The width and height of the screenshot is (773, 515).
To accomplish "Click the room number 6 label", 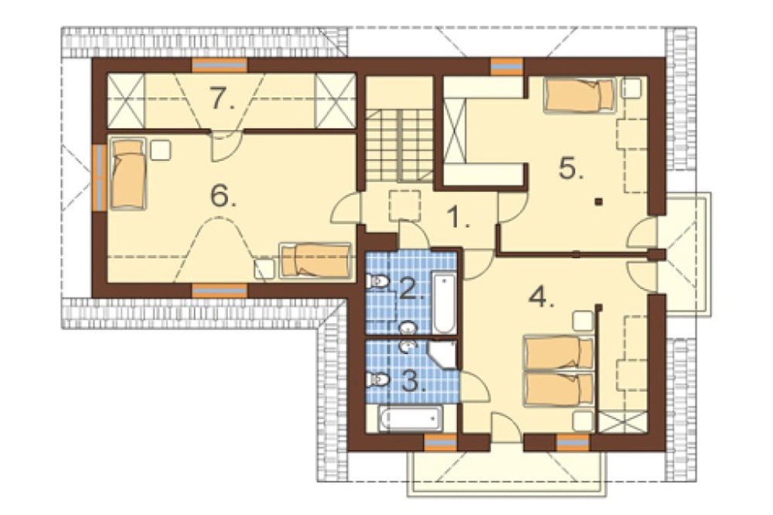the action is click(223, 196).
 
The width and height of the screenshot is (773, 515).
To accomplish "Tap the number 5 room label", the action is click(571, 169).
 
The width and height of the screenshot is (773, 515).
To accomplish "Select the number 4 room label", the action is click(540, 296).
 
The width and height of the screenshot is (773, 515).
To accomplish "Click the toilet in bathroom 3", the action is click(378, 380).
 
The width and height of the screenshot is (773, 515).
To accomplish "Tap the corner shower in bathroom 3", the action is click(443, 353).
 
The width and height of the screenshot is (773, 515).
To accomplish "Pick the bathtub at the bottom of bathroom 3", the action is click(410, 419).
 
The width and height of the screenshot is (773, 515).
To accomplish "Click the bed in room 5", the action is click(580, 95).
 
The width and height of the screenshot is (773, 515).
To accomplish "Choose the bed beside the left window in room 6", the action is click(128, 174).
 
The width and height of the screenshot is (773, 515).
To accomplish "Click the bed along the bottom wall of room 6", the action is click(315, 260).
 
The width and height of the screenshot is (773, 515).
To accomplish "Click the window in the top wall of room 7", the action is click(220, 65).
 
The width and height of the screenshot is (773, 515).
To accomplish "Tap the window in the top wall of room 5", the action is click(507, 66).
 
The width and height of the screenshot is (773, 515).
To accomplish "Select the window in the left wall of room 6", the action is click(100, 177).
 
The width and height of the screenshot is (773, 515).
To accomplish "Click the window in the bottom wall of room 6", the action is click(220, 291).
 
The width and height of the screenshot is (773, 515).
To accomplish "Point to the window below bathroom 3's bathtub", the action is click(441, 443).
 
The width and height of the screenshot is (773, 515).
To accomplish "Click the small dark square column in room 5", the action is click(598, 201).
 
